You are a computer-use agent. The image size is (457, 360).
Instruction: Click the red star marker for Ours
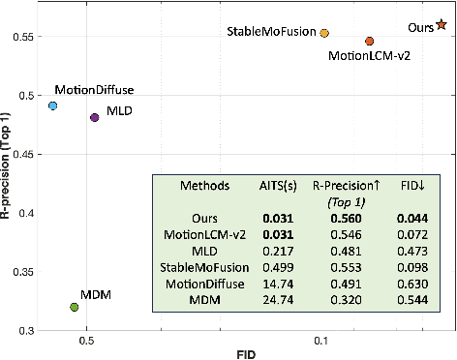point(442,25)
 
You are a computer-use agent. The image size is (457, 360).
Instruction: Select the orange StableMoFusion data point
point(324,33)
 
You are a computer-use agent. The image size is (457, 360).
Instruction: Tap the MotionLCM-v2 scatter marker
point(370,42)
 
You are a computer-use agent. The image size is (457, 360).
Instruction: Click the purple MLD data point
point(95,117)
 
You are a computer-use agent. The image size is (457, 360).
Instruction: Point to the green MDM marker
point(75,307)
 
